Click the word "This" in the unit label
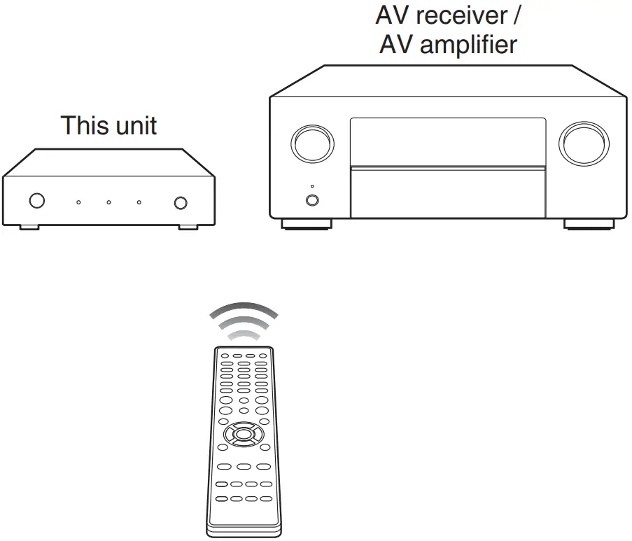click(83, 125)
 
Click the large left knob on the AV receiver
click(312, 143)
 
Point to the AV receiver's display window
click(448, 141)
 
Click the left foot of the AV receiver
click(306, 224)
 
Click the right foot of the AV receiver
click(589, 224)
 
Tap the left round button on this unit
click(36, 201)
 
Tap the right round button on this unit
click(181, 202)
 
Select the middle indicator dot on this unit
click(108, 202)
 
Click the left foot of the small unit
click(29, 226)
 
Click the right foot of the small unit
click(188, 226)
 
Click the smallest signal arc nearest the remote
click(244, 336)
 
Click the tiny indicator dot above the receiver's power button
click(312, 187)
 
